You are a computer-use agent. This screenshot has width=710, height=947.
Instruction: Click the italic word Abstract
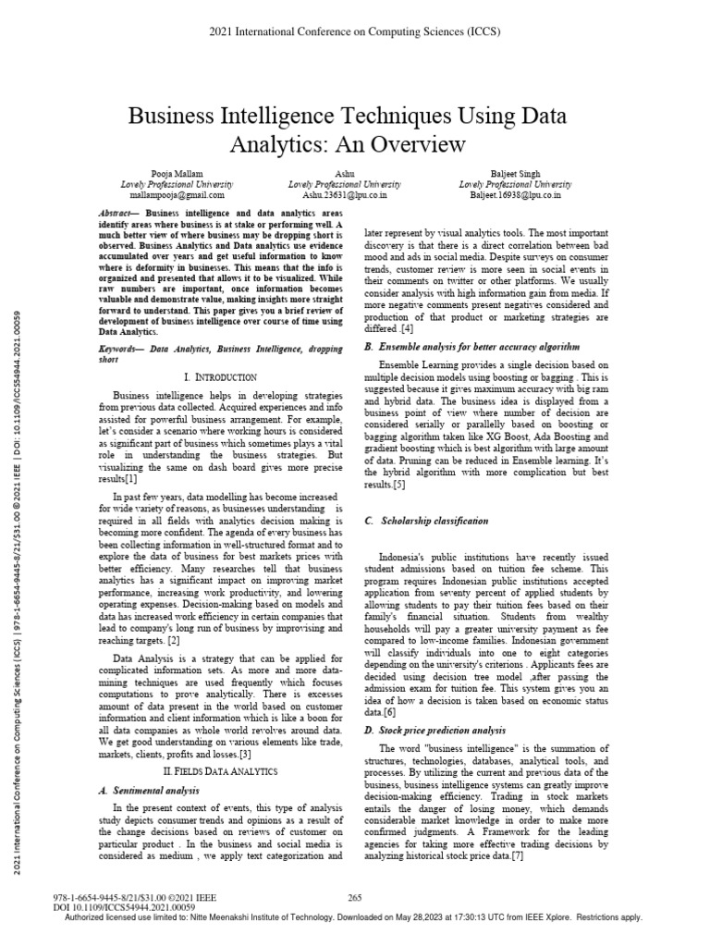click(116, 213)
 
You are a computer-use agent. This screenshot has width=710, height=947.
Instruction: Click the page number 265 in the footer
click(354, 897)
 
